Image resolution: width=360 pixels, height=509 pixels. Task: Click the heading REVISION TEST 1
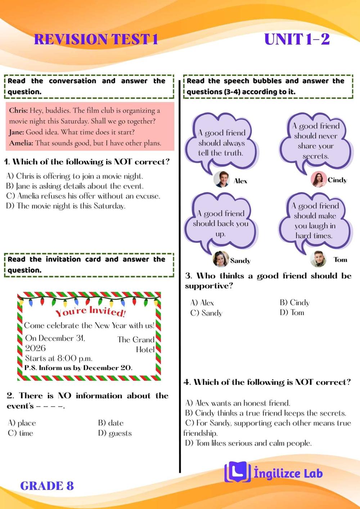tap(96, 39)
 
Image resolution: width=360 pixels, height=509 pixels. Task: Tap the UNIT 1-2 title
tap(297, 39)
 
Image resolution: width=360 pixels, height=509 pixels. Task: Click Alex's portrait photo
tap(221, 179)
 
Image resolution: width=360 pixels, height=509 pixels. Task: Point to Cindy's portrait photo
tap(319, 179)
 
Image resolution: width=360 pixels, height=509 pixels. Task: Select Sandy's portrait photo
tap(221, 259)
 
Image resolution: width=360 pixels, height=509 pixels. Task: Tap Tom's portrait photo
tap(318, 259)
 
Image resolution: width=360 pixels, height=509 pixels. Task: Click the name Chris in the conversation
tap(18, 111)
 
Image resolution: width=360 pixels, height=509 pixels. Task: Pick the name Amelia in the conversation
tap(21, 143)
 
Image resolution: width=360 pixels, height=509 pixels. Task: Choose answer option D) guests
tap(115, 433)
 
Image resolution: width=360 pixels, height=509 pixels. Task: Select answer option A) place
tap(22, 423)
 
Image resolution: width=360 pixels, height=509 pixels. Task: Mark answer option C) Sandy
tap(206, 313)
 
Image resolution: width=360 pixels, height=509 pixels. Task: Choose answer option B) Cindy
tap(294, 303)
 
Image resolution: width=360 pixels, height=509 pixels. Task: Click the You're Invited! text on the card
tap(90, 311)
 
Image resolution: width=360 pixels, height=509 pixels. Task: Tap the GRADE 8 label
tap(47, 486)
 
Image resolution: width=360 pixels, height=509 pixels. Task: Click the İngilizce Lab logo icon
tap(237, 472)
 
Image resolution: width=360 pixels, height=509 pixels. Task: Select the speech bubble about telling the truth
tap(221, 141)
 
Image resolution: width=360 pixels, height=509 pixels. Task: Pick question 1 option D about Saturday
tap(66, 206)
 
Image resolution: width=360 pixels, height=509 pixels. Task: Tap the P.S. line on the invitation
tap(78, 368)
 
